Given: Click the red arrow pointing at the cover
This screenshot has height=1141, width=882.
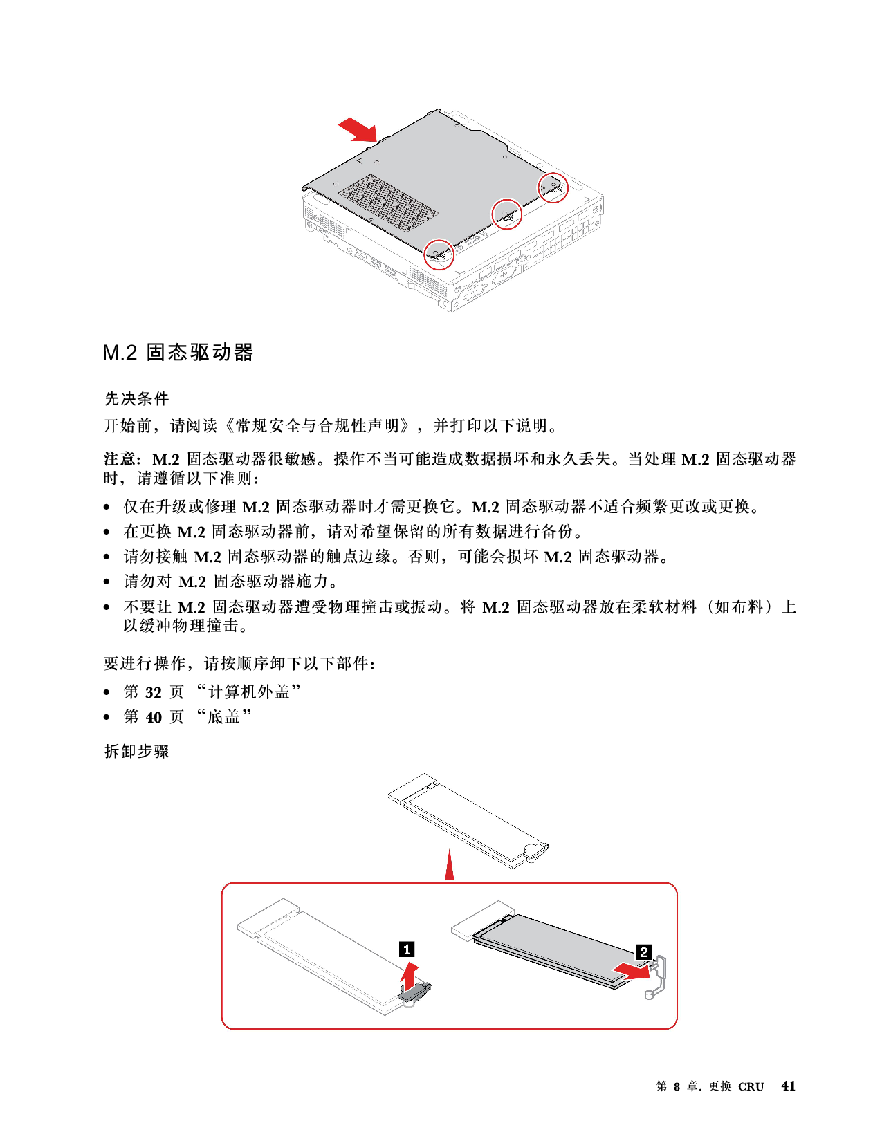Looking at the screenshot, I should (x=357, y=128).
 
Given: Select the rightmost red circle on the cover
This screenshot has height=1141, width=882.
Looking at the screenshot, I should (x=553, y=187).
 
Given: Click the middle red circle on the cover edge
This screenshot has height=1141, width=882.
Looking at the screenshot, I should (x=506, y=214).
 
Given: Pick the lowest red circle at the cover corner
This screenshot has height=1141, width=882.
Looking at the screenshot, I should (x=439, y=254).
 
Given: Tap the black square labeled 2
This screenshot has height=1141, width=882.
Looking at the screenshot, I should (x=643, y=952).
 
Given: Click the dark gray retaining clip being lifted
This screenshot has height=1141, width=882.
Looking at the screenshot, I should (x=416, y=993).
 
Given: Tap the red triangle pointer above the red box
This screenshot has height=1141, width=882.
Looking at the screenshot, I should (x=450, y=867).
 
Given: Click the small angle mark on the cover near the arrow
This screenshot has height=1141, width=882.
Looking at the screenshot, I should (x=359, y=160).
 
